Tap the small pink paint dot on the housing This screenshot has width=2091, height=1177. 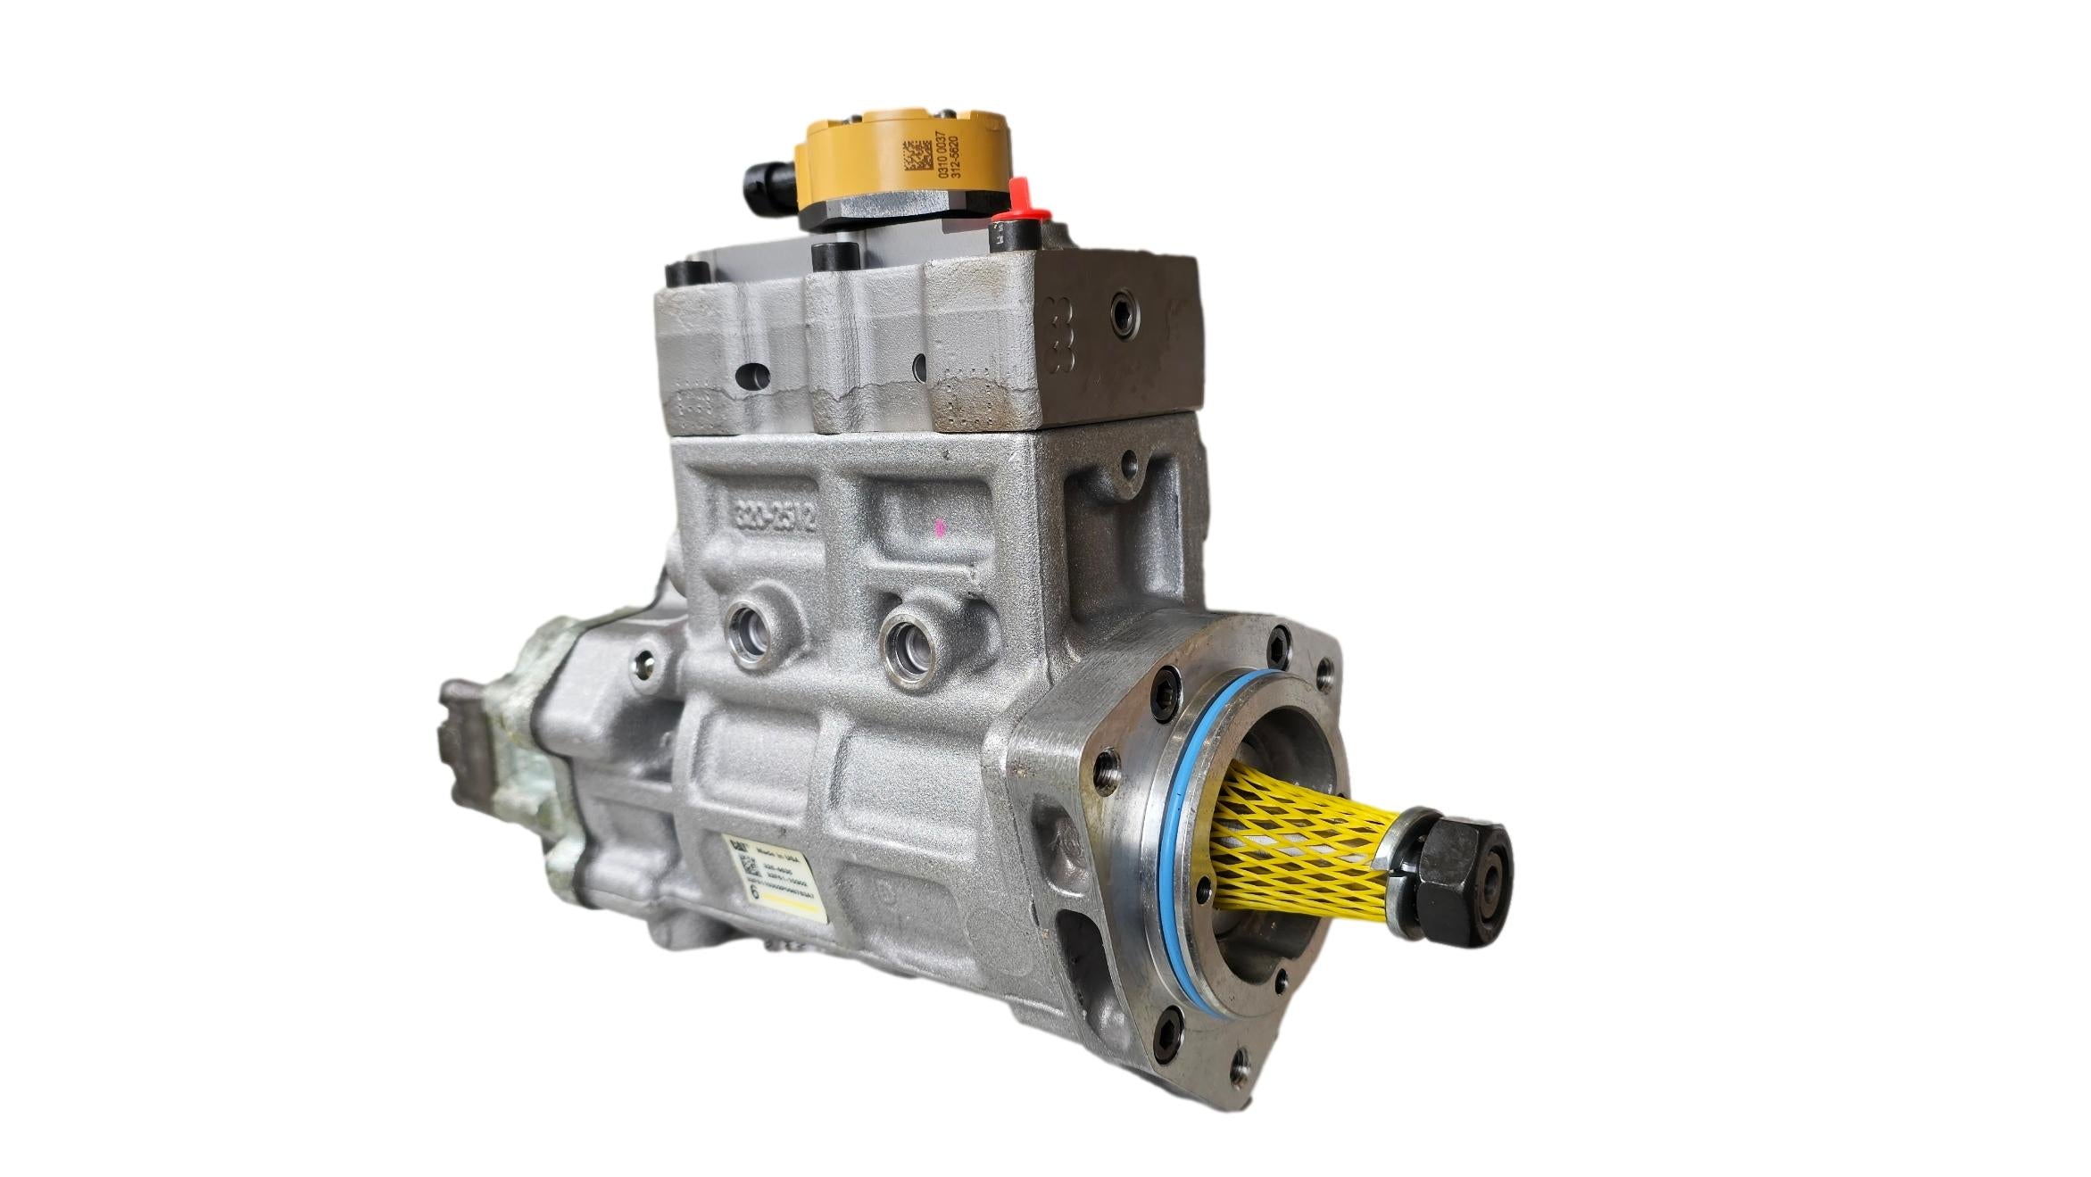pyautogui.click(x=938, y=528)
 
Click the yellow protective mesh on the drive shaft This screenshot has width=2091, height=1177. pyautogui.click(x=1294, y=848)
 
